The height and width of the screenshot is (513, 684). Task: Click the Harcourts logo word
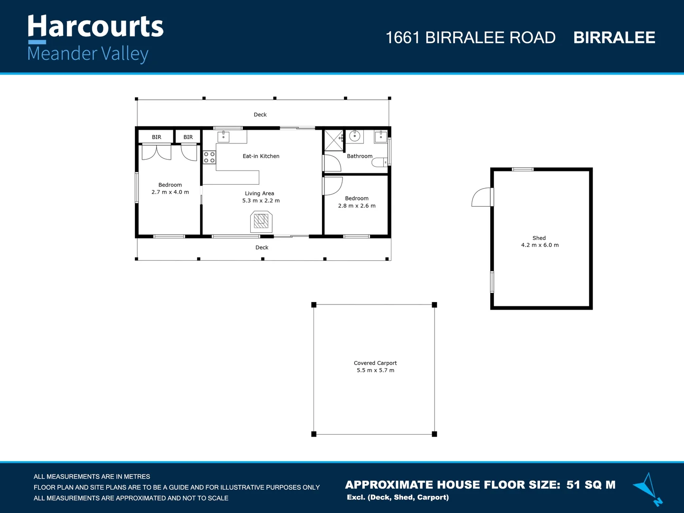[95, 27]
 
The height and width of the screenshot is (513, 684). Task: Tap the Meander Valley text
[88, 54]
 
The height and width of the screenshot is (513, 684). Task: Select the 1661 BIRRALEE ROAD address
[470, 38]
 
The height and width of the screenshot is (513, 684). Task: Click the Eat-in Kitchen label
[261, 156]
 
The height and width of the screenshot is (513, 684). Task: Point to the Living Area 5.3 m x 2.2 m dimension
[261, 200]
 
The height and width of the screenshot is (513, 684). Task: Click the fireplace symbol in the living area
[261, 221]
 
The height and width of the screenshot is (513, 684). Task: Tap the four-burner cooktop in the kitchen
[209, 157]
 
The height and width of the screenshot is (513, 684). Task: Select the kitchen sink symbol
[223, 137]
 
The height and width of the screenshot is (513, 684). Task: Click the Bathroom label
[360, 156]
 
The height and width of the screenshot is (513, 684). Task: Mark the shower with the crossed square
[333, 140]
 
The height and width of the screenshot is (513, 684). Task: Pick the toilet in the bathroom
[380, 163]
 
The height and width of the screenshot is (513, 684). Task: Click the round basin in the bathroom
[355, 136]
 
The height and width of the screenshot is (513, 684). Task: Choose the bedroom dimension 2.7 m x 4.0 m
[170, 192]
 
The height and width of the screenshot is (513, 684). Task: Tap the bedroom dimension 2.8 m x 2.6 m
[357, 206]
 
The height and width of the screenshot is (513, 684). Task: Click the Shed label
[539, 238]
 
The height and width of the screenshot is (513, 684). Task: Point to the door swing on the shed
[482, 198]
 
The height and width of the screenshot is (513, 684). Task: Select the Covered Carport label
[375, 363]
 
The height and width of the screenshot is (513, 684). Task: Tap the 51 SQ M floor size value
[591, 485]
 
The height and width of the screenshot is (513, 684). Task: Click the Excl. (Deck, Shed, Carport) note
[398, 497]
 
